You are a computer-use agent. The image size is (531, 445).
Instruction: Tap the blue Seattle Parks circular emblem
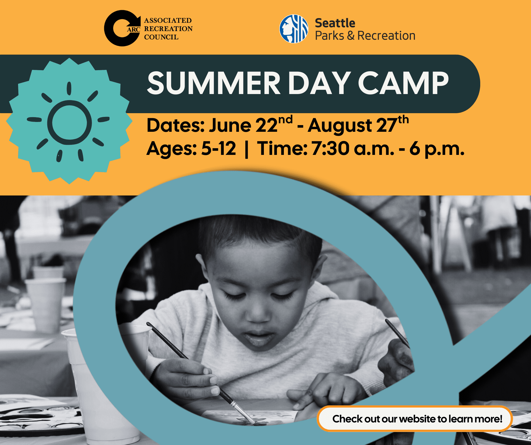(x=294, y=29)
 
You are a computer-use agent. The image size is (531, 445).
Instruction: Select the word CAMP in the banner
(x=403, y=83)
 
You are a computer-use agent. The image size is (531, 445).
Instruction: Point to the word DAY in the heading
(x=319, y=83)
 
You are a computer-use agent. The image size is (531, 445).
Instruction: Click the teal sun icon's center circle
(x=70, y=122)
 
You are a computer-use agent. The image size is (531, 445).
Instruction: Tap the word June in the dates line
(x=230, y=125)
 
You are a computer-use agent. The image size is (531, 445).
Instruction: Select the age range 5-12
(x=218, y=148)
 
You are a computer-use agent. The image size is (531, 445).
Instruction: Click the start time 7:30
(x=330, y=148)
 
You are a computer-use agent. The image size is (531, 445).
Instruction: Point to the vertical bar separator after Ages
(x=247, y=149)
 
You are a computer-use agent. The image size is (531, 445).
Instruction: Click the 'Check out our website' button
(x=415, y=419)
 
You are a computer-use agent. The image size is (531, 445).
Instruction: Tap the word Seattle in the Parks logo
(x=335, y=23)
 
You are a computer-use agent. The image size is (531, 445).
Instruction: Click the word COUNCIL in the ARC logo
(x=161, y=37)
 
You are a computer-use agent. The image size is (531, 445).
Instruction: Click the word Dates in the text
(x=175, y=125)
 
